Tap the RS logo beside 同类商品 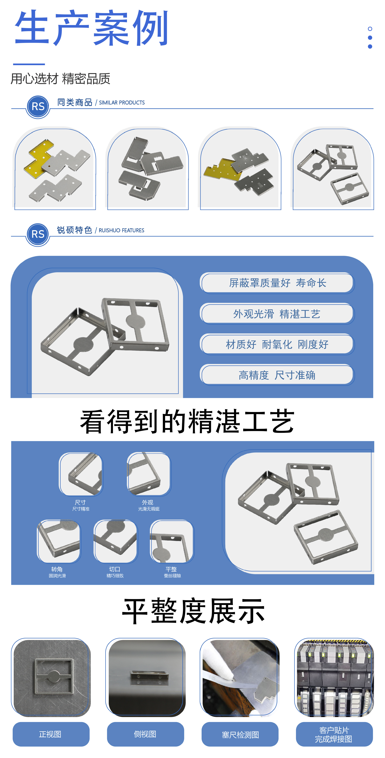coord(38,107)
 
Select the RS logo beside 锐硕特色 coord(38,235)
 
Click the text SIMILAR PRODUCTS coord(122,103)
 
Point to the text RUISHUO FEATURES coord(121,230)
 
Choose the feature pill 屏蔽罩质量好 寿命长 coord(277,283)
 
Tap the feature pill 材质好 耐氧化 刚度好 coord(277,344)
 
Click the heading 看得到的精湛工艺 coord(187,421)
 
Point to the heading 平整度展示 coord(193,611)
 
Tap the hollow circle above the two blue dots coord(370,29)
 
